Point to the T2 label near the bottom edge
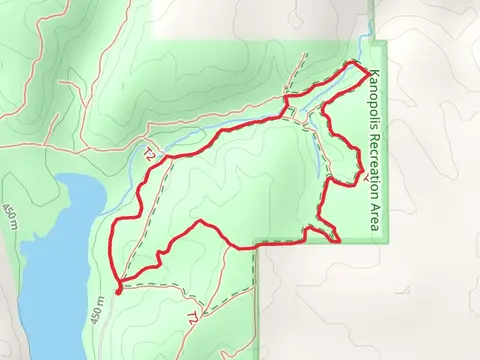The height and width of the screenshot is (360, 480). pos(191,318)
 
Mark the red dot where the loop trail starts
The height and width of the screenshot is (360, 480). pos(118,291)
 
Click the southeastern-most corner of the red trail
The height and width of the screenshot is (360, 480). pos(339,241)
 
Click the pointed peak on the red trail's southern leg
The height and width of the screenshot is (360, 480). pos(201,221)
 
